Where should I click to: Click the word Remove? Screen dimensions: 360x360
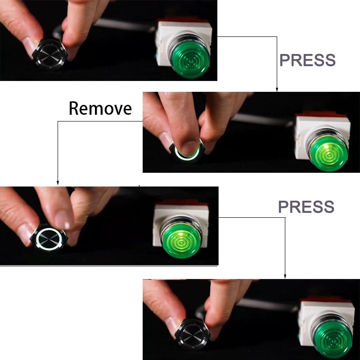click(100, 108)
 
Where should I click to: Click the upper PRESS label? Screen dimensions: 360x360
click(307, 60)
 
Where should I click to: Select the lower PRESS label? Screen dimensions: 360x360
click(306, 207)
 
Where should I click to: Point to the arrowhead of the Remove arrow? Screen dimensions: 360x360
click(58, 183)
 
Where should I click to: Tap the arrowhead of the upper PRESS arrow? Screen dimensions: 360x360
click(277, 90)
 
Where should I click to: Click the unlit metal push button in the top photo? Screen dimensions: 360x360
click(50, 54)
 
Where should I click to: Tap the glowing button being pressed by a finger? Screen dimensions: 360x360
click(187, 152)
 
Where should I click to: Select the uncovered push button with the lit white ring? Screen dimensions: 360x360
click(49, 238)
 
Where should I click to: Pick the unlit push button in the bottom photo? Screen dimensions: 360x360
click(193, 334)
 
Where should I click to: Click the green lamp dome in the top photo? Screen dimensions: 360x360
click(190, 60)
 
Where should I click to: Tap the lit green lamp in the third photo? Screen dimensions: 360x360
click(181, 240)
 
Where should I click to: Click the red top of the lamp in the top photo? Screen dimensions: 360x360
click(184, 19)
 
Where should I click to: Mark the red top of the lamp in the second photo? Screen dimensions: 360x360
click(321, 114)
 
